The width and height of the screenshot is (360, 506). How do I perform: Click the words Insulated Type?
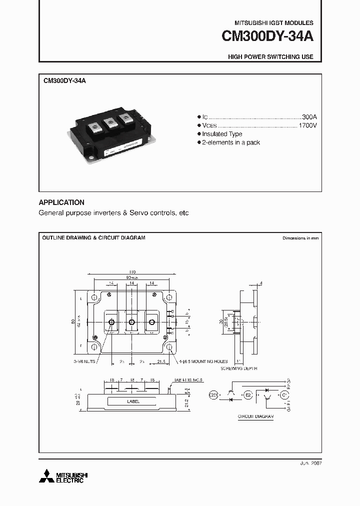tap(222, 134)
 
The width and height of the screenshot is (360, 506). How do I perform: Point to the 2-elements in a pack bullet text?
tap(231, 142)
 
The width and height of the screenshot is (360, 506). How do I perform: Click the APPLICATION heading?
tap(61, 202)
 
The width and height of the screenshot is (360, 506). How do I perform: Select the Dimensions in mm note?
tap(300, 238)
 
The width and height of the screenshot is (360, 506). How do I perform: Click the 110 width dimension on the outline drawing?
tap(131, 271)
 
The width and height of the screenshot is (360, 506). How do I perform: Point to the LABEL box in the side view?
tap(133, 401)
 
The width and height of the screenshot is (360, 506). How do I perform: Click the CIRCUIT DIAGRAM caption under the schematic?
tap(255, 416)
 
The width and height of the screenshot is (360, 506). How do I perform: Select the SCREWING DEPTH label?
tap(238, 368)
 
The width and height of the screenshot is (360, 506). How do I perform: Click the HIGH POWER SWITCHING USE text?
tap(270, 57)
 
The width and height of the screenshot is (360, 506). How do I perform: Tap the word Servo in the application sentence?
tap(138, 213)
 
